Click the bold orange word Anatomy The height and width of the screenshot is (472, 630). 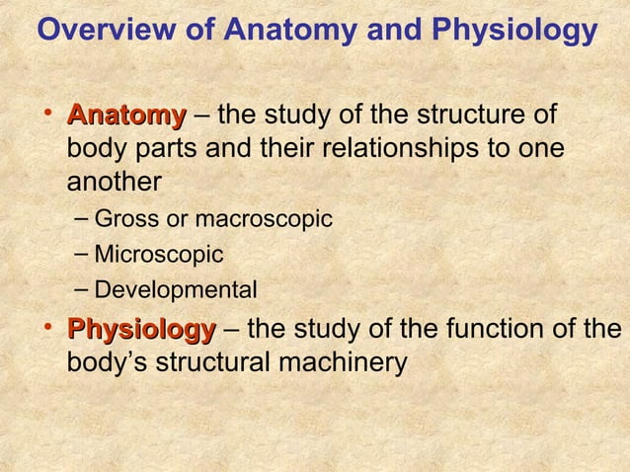(125, 116)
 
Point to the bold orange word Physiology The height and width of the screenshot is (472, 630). (140, 329)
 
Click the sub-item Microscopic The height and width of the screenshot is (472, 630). (158, 255)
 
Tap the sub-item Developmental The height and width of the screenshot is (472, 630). (175, 290)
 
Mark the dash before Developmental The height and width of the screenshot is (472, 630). (82, 288)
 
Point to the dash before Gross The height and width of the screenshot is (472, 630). (82, 217)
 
